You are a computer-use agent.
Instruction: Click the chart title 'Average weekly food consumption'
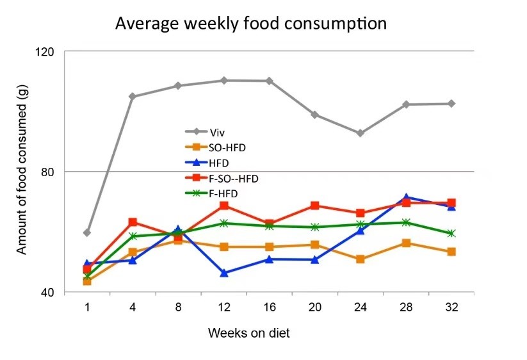tap(250, 24)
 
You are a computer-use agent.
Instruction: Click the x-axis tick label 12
tap(224, 307)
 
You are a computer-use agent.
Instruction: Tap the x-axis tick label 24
tap(361, 307)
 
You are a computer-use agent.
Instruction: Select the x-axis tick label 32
tap(451, 307)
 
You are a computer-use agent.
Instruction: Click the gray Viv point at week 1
tap(87, 233)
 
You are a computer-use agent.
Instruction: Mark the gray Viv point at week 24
tap(361, 133)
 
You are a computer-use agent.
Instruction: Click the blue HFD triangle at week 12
tap(224, 274)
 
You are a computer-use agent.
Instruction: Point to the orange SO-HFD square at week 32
tap(451, 252)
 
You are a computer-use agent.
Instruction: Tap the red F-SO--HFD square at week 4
tap(133, 222)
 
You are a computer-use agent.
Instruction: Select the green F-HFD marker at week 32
tap(451, 233)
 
